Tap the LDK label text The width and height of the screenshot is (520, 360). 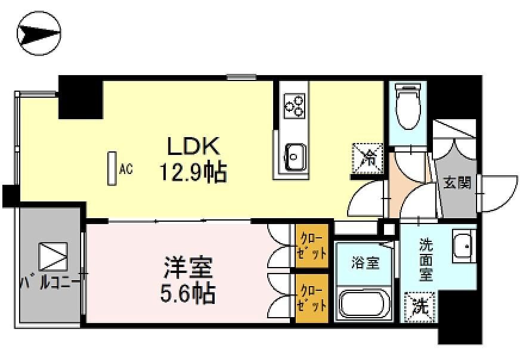(194, 146)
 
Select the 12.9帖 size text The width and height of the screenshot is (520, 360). (194, 172)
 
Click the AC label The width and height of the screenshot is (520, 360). (126, 169)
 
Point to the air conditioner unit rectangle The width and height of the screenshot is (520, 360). (112, 169)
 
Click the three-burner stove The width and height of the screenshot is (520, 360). (294, 105)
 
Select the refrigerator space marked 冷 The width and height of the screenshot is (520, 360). (368, 158)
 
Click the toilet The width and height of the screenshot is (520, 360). (408, 107)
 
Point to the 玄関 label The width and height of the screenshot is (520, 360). (457, 182)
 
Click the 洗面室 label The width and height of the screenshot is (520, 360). (426, 259)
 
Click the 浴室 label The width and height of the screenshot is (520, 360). (366, 263)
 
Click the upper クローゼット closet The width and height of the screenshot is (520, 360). (312, 246)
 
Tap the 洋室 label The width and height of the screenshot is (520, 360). (188, 268)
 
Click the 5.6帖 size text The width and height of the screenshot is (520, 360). (188, 293)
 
